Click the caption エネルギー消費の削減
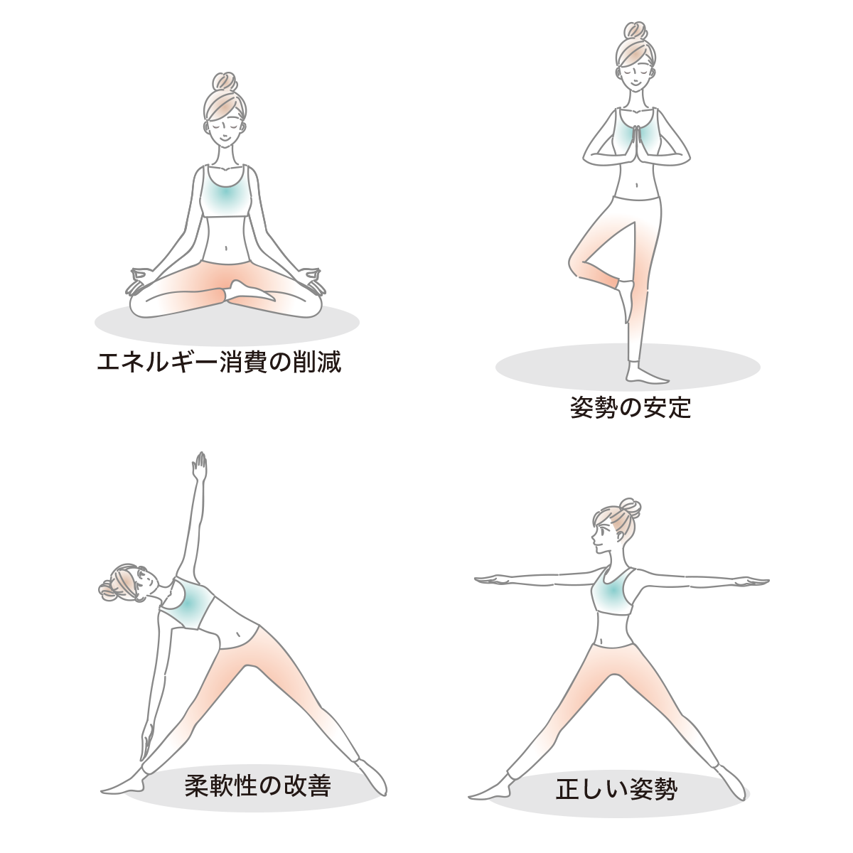219,363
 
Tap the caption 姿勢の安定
631,408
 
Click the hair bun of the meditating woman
225,82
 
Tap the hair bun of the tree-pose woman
635,31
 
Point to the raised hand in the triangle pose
200,466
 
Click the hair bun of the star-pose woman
630,508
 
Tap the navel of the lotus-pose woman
226,248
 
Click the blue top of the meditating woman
226,191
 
